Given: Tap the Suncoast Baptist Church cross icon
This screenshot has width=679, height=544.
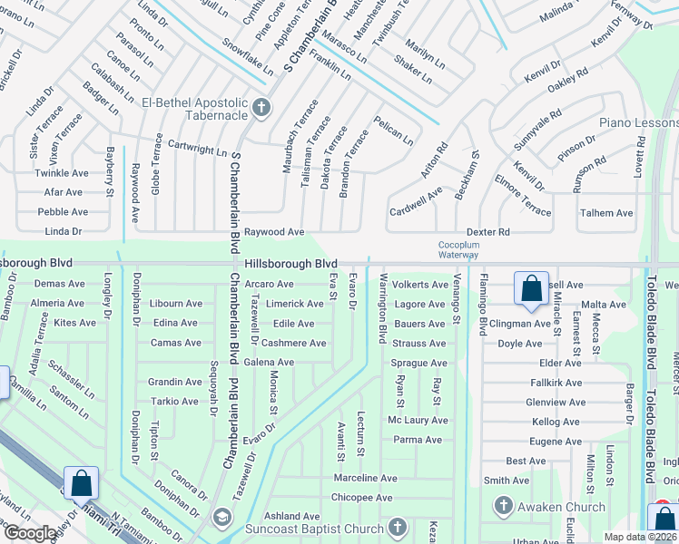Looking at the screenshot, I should (x=397, y=527).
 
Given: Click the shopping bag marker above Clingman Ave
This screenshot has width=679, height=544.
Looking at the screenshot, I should (x=531, y=289).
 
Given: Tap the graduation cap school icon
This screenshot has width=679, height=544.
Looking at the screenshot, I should (x=221, y=518).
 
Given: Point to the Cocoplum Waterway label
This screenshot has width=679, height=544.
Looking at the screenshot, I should (x=458, y=249).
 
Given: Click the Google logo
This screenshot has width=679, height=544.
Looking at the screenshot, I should (x=29, y=533).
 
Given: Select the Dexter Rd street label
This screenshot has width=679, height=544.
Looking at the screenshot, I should (x=488, y=232).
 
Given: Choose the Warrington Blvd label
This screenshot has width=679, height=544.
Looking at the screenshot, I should (x=383, y=308).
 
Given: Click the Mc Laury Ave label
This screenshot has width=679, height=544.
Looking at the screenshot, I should (x=418, y=421).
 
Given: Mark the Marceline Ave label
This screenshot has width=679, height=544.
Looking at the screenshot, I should (x=365, y=478).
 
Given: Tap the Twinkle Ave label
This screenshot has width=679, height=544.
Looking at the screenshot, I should (x=62, y=173).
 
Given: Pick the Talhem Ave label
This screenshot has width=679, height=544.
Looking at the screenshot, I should (x=606, y=213).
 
